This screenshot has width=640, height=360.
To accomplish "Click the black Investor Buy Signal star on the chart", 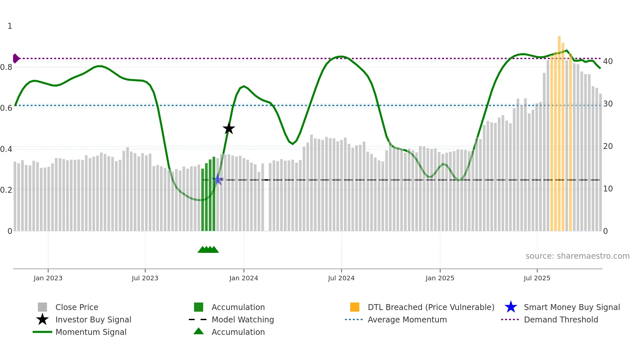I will pyautogui.click(x=229, y=128).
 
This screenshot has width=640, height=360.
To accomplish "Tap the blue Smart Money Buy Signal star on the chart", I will pyautogui.click(x=218, y=180).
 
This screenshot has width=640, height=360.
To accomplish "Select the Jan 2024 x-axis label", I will pyautogui.click(x=244, y=278).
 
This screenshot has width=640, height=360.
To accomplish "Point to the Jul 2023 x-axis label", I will pyautogui.click(x=145, y=278).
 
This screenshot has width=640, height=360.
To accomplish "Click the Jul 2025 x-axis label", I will pyautogui.click(x=537, y=278).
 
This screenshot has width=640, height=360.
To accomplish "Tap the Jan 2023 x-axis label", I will pyautogui.click(x=48, y=278).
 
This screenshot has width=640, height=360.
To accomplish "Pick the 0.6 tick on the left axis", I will pyautogui.click(x=6, y=108).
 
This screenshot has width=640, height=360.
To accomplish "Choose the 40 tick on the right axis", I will pyautogui.click(x=608, y=61).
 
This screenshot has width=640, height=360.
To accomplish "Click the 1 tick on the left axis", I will pyautogui.click(x=10, y=26).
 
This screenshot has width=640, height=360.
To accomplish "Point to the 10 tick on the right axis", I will pyautogui.click(x=608, y=188).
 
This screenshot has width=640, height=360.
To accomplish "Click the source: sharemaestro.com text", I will pyautogui.click(x=577, y=256).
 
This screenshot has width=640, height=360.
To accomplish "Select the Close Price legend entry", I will pyautogui.click(x=77, y=307).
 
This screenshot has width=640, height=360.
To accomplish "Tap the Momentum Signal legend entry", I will pyautogui.click(x=91, y=332).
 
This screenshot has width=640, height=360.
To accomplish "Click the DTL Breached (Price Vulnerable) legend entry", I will pyautogui.click(x=431, y=307).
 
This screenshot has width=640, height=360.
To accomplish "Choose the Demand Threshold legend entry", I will pyautogui.click(x=561, y=319).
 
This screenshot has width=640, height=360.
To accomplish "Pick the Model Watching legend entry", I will pyautogui.click(x=243, y=319).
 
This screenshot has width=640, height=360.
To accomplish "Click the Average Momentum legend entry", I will pyautogui.click(x=407, y=319).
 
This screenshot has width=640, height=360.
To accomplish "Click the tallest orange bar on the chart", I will pyautogui.click(x=559, y=131).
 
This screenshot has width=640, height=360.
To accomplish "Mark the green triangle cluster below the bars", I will pyautogui.click(x=208, y=250).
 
